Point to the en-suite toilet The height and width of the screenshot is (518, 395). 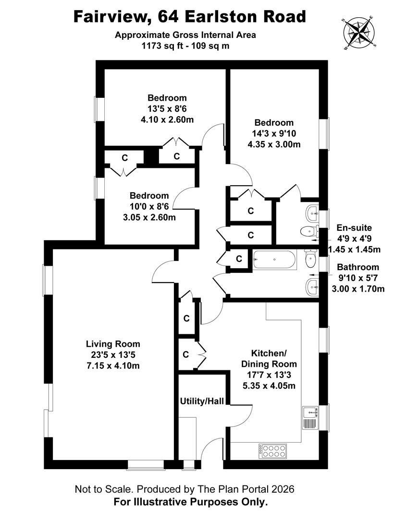point(308,232)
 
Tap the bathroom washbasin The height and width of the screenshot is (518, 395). point(313,287)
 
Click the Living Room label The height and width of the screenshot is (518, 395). point(113,344)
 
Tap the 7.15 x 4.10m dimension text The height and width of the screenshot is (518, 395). point(113,365)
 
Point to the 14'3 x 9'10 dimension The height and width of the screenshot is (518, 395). point(274,133)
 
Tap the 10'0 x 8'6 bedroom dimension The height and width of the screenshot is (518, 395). point(149,206)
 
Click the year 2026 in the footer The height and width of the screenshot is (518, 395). point(282,490)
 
